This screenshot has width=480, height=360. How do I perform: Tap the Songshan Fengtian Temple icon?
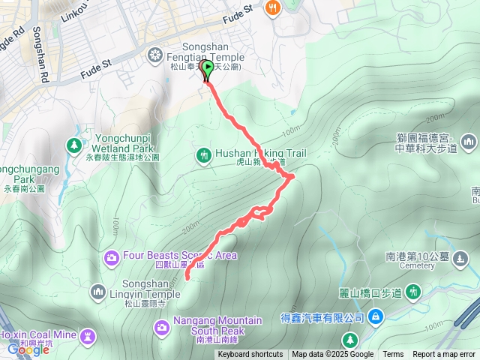pyautogui.click(x=155, y=53)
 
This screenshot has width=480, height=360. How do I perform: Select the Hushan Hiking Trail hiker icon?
pyautogui.click(x=202, y=155)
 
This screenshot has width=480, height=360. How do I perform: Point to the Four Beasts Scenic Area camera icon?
pyautogui.click(x=112, y=257)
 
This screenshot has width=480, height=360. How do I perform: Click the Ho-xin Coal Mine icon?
pyautogui.click(x=89, y=333)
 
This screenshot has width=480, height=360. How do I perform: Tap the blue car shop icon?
pyautogui.click(x=376, y=317)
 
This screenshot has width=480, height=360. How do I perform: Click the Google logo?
pyautogui.click(x=28, y=349)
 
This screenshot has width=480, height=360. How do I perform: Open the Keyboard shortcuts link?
pyautogui.click(x=250, y=355)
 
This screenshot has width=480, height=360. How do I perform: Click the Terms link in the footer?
pyautogui.click(x=393, y=355)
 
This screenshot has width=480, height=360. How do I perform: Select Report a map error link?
pyautogui.click(x=444, y=355)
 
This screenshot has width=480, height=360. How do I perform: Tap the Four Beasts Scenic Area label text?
pyautogui.click(x=180, y=256)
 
